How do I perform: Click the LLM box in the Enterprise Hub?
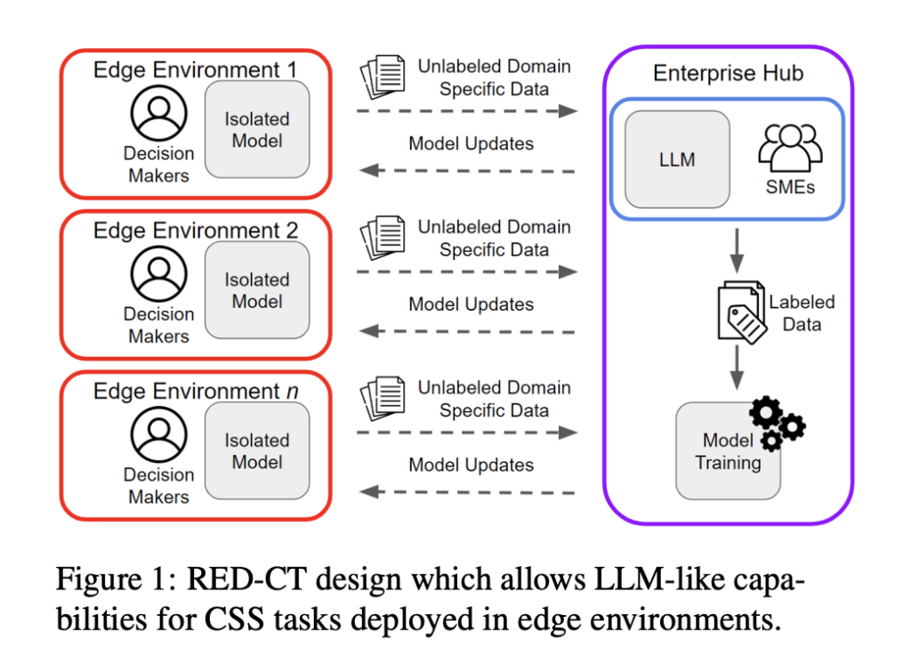coord(677,159)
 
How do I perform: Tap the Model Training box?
coord(728,451)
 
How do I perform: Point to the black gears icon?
coord(776,422)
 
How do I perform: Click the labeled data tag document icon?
coord(742,311)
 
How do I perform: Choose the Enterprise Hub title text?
coord(728,73)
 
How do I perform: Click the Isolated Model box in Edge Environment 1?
coord(257,130)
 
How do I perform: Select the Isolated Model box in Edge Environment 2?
coord(257,290)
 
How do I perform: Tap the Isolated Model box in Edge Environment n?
coord(257,451)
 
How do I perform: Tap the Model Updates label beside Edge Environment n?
coord(472,465)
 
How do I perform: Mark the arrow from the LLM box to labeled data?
coord(736,250)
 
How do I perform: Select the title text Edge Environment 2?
coord(196,231)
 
